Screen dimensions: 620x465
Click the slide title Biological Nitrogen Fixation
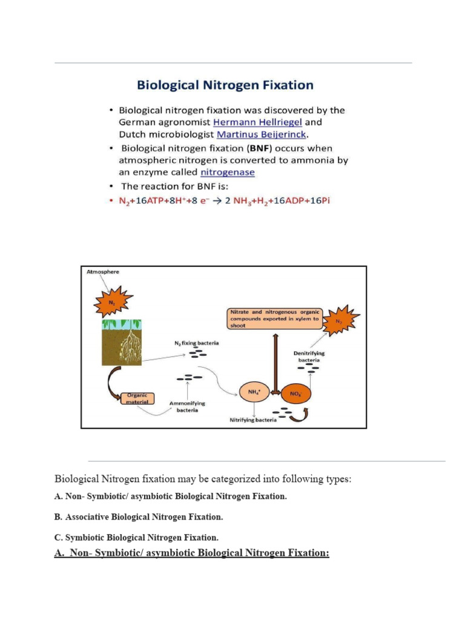tap(225, 85)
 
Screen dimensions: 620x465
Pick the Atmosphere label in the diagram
tap(102, 272)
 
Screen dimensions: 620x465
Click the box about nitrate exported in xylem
tap(273, 317)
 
